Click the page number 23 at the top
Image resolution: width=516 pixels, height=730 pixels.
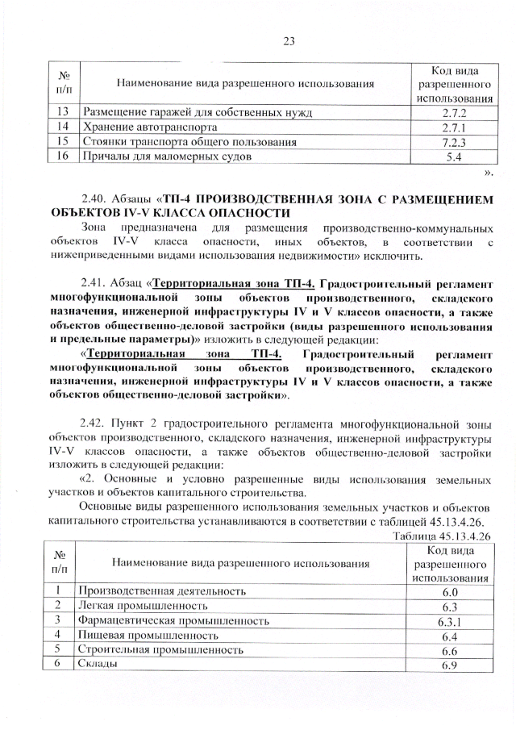click(x=290, y=42)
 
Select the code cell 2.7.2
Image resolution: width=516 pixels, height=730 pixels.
click(x=451, y=112)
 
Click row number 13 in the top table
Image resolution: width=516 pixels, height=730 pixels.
click(x=63, y=112)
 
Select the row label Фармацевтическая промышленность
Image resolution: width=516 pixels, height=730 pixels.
click(x=173, y=620)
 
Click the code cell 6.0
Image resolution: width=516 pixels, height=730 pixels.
click(x=451, y=591)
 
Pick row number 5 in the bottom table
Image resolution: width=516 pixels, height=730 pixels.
click(x=59, y=649)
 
